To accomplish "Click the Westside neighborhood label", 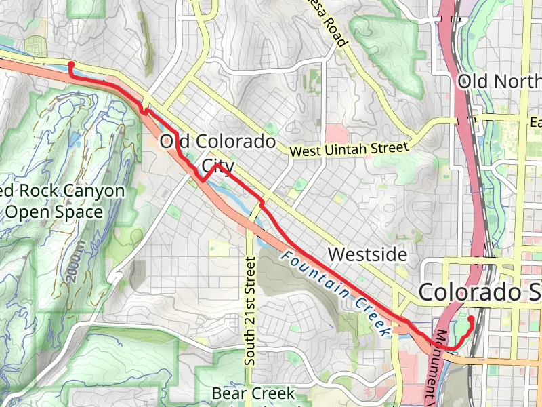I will pos(367,255).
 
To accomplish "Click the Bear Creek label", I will pos(253,393).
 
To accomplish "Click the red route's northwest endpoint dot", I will pos(71,65).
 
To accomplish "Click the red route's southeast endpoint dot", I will pos(471,317).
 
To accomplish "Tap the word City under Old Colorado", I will pos(218,166).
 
